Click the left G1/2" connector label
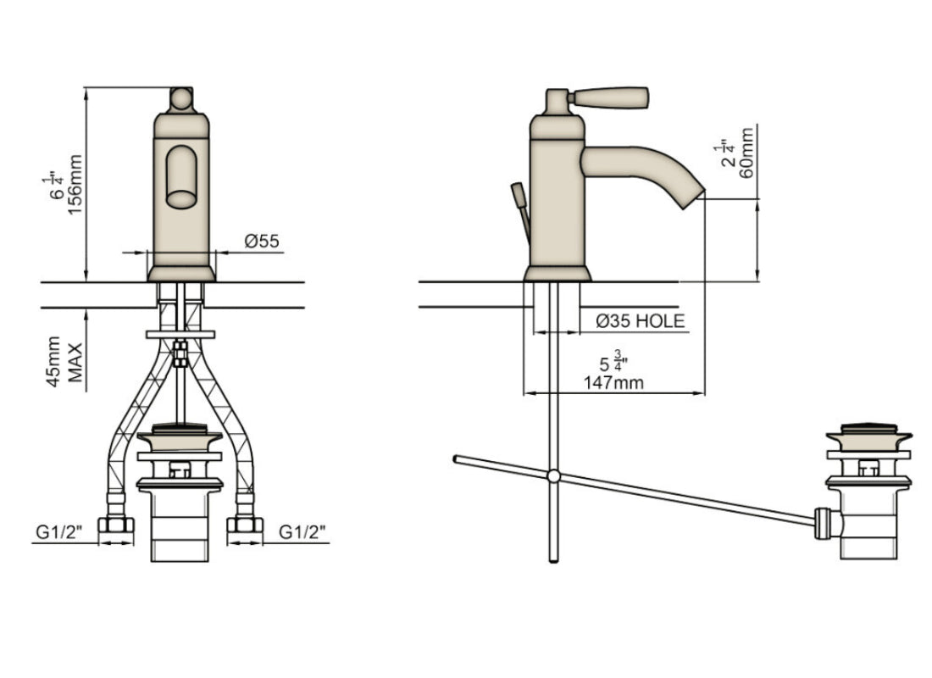point(58,532)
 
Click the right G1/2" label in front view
point(303,532)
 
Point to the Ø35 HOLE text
point(640,321)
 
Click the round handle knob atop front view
point(180,98)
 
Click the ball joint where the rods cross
point(552,476)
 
